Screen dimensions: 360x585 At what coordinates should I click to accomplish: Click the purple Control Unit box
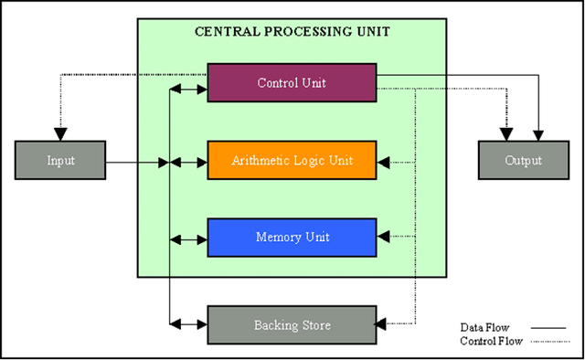click(292, 82)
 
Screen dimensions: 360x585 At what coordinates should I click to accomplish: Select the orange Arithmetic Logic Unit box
click(292, 160)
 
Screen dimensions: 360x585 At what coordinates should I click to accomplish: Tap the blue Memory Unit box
click(292, 238)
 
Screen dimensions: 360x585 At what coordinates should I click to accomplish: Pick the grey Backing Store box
click(292, 324)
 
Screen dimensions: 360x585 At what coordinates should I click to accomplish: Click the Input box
click(60, 160)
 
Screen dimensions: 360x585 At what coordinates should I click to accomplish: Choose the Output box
click(522, 160)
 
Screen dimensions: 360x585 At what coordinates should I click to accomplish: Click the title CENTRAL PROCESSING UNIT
click(292, 31)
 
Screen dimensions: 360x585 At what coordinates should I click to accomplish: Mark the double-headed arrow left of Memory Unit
click(189, 239)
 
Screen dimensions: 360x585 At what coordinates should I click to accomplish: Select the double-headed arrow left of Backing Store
click(189, 323)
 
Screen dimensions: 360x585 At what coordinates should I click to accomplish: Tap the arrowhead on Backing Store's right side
click(383, 323)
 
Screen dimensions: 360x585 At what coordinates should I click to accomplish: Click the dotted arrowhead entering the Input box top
click(60, 135)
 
